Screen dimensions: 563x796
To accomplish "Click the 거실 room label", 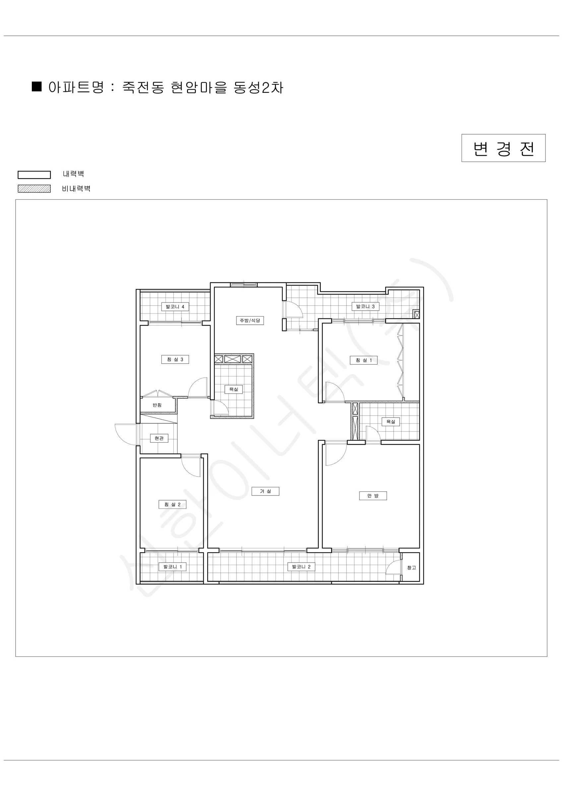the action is (x=266, y=491).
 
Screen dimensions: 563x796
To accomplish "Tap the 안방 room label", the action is (x=373, y=496).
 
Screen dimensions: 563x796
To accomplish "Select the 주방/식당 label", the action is (x=250, y=321).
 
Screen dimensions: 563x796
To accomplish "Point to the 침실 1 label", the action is (x=364, y=360).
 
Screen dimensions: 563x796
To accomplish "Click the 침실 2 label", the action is (x=172, y=504).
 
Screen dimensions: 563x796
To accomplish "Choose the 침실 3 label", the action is (x=175, y=360).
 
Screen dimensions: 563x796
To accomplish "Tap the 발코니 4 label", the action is (x=175, y=307).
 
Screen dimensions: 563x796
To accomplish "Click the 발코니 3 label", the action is (x=365, y=306).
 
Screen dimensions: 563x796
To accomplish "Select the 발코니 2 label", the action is (x=301, y=567).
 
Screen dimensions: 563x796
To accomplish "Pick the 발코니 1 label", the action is (x=173, y=567).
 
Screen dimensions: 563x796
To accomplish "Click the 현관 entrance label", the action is (x=159, y=438).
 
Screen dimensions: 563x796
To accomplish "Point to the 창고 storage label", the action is (x=411, y=568).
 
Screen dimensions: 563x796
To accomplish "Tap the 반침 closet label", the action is (x=157, y=405).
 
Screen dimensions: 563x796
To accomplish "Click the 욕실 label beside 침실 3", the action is (x=234, y=389).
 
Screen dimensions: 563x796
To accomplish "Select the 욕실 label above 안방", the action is (x=391, y=422).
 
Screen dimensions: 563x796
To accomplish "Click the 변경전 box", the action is (x=503, y=148).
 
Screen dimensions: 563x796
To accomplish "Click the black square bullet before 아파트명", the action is (x=37, y=87).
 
